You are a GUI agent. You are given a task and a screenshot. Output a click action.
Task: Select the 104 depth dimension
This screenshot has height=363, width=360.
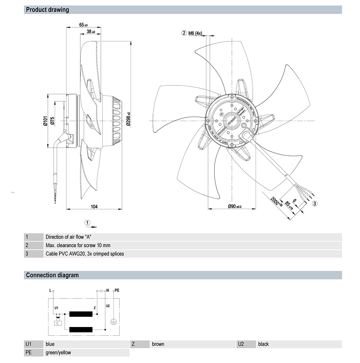94,207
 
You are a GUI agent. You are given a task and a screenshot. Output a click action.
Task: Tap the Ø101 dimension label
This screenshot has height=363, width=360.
45,121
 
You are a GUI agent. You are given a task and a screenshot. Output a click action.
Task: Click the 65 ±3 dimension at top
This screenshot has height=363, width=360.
84,25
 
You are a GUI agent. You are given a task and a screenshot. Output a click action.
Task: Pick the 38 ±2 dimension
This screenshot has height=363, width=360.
91,32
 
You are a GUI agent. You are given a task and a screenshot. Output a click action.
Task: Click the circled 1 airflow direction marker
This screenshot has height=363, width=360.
87,222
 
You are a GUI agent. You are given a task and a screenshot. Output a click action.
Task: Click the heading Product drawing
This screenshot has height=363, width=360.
48,10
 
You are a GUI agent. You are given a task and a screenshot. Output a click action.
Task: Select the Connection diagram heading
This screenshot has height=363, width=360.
52,275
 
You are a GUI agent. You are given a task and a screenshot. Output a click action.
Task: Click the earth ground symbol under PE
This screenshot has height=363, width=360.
114,322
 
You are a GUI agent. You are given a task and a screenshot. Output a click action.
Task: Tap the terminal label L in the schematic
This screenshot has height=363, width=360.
50,290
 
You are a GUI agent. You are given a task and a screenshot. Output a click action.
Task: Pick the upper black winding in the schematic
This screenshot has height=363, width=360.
81,314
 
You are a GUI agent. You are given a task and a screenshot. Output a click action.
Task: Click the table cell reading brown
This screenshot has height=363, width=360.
158,344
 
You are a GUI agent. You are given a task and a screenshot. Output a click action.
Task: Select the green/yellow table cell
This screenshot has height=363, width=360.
58,353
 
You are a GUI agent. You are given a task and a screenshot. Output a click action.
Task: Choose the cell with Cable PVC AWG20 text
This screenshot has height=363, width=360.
85,254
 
